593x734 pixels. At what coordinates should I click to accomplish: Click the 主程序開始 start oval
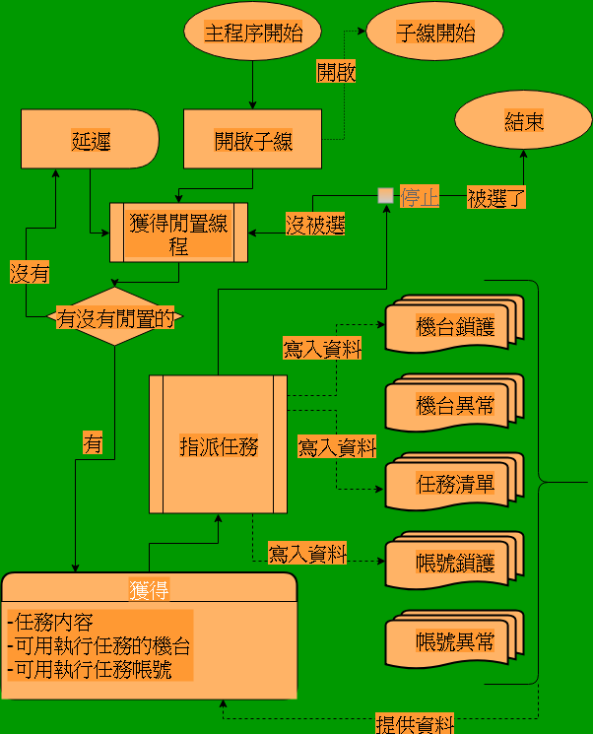click(252, 33)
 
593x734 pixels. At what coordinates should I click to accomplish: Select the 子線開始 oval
click(435, 33)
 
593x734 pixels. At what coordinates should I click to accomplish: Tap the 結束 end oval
click(523, 122)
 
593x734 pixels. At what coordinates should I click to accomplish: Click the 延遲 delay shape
click(90, 140)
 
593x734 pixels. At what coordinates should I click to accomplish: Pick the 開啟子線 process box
click(253, 140)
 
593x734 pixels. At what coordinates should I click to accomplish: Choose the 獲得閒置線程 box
click(178, 234)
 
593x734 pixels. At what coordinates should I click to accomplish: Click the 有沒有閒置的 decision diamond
click(115, 317)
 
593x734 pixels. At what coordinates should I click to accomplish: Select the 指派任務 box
click(218, 444)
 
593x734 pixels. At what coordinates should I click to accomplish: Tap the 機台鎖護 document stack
click(454, 327)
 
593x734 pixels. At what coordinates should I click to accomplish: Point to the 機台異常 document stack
click(454, 405)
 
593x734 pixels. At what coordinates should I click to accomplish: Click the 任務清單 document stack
click(454, 484)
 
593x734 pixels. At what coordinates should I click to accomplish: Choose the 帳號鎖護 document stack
click(454, 563)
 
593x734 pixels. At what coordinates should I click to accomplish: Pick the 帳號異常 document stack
click(454, 642)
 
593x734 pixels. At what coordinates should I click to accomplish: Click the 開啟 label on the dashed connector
click(336, 71)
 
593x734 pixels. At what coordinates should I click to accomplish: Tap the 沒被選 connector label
click(315, 224)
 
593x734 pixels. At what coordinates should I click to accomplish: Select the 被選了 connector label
click(495, 197)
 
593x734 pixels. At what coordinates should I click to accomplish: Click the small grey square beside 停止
click(385, 195)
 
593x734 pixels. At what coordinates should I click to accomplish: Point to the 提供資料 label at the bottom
click(415, 724)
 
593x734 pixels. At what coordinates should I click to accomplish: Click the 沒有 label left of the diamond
click(30, 272)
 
